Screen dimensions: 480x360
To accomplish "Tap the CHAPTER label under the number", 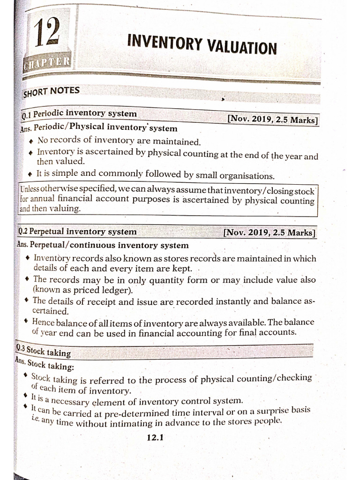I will (x=47, y=62).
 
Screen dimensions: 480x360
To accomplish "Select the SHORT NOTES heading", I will (x=51, y=91).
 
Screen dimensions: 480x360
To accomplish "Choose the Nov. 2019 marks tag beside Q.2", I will (x=269, y=232).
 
